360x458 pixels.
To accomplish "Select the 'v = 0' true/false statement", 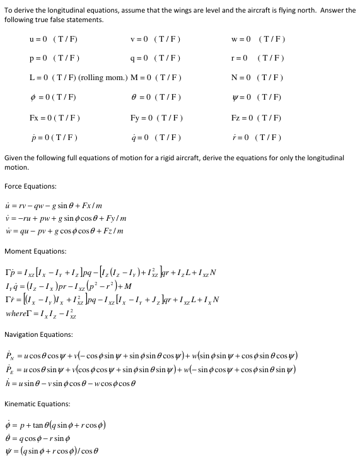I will [x=155, y=39].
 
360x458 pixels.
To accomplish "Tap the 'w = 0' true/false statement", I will [x=258, y=39].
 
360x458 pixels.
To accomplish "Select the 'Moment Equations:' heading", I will [x=35, y=251].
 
